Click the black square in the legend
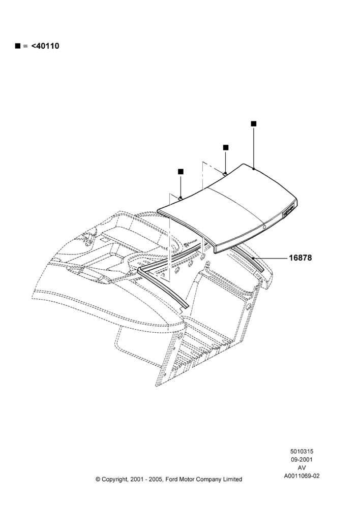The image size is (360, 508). [17, 46]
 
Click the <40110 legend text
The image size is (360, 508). [45, 46]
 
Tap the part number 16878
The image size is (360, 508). [301, 258]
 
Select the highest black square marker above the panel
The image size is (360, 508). [254, 124]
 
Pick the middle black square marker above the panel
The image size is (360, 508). [226, 148]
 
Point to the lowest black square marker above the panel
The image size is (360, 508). [181, 172]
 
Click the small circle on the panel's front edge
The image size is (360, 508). [264, 228]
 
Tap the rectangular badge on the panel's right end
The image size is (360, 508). [289, 212]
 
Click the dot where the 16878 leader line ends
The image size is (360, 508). [253, 258]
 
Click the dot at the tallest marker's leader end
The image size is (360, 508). [253, 169]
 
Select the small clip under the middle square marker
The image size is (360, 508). [225, 174]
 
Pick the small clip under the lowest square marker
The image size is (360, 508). [181, 198]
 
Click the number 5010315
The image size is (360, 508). [302, 451]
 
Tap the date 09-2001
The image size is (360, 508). [302, 459]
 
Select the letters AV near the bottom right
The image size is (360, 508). [302, 468]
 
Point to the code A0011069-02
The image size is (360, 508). [302, 476]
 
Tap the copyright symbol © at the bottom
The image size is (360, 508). [98, 479]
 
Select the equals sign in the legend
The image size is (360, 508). [25, 46]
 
